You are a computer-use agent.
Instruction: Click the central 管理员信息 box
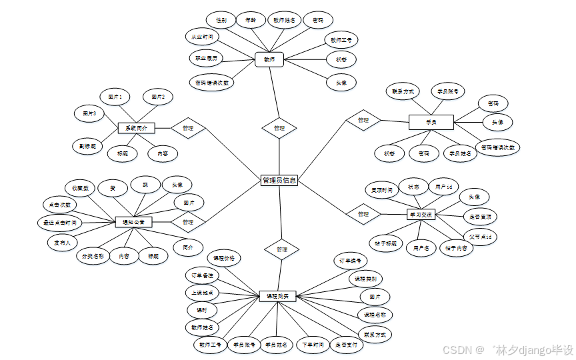tap(279, 180)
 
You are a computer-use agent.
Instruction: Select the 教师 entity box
tap(269, 59)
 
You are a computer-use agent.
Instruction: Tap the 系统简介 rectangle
tap(137, 127)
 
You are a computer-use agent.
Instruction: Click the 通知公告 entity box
tap(133, 221)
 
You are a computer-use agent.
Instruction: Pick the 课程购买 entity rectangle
tap(277, 295)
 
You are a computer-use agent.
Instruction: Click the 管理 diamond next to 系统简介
tap(187, 127)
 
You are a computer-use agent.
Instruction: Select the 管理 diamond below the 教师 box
tap(279, 127)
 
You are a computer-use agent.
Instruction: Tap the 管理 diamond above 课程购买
tap(281, 249)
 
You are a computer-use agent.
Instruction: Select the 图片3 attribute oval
tap(90, 114)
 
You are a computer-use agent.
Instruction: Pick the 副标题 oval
tap(87, 145)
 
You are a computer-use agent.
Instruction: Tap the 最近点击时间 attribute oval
tap(61, 222)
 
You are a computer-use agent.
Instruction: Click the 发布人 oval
tap(63, 243)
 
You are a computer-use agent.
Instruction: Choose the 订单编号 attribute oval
tap(350, 261)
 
